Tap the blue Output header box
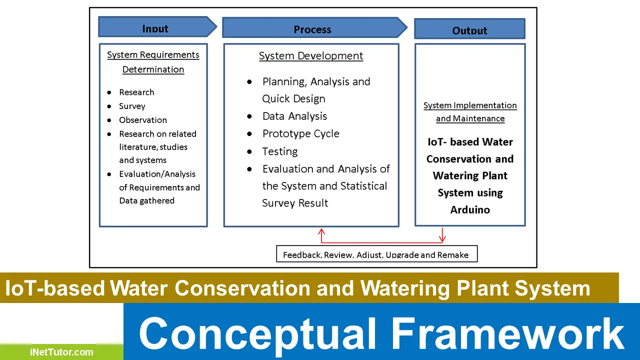point(469,29)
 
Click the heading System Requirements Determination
point(153,62)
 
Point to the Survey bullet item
point(132,106)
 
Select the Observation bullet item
point(142,120)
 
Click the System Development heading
point(311,56)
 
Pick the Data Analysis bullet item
point(294,116)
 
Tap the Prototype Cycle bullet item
point(300,133)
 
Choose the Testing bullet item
point(279,151)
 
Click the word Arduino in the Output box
point(470,210)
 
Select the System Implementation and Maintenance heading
point(470,112)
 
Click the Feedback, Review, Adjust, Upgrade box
point(376,254)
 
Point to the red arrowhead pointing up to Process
point(321,232)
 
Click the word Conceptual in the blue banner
point(257,333)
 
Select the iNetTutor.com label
point(61,352)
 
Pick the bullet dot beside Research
point(109,92)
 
